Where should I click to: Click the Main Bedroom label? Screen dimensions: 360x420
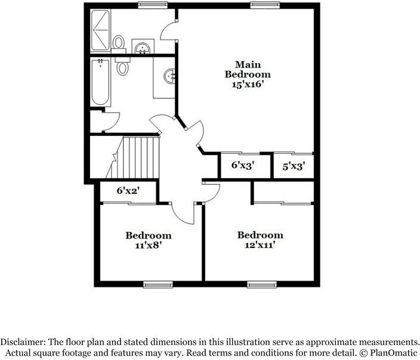coord(247,69)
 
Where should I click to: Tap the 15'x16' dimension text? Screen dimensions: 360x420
coord(247,85)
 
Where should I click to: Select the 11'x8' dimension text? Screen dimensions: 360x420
coord(148,245)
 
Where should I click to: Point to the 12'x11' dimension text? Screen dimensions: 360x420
coord(260,244)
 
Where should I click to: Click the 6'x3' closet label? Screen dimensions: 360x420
coord(243,166)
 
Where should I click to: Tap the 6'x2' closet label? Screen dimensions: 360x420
coord(128,191)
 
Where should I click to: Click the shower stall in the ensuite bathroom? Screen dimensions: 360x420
coord(100,30)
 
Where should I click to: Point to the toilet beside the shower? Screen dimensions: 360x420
coord(119,43)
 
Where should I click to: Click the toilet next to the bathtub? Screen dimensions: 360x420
coord(123,66)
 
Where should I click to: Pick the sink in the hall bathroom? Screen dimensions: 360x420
coord(169,76)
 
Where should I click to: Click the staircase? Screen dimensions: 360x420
coord(138,156)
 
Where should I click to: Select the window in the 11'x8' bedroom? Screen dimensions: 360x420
coord(158,284)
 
